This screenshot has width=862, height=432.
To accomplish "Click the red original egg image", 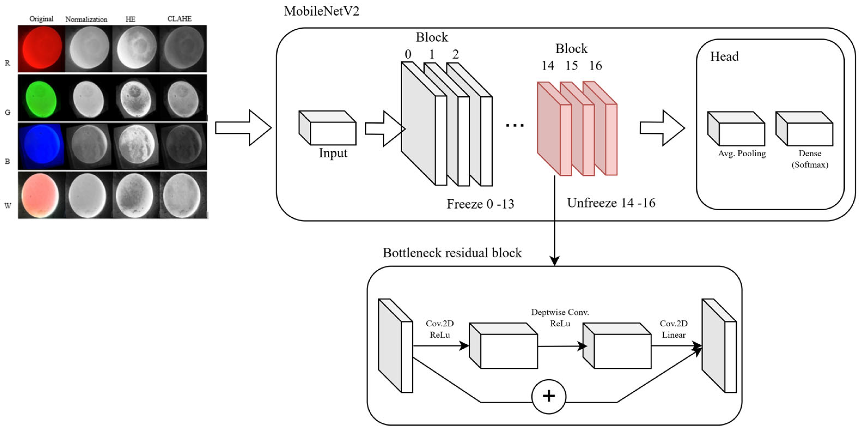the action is (x=41, y=49).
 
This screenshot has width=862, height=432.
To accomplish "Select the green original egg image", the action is (x=41, y=98).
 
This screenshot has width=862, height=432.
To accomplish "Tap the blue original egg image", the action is (x=41, y=146).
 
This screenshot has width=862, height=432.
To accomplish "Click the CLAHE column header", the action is (x=179, y=19).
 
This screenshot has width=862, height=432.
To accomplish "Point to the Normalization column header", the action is (x=86, y=19).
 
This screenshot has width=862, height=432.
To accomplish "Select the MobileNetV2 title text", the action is (x=322, y=11).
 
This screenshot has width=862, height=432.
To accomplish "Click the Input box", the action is (x=327, y=128).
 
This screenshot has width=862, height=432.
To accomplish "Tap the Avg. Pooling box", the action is (x=736, y=129).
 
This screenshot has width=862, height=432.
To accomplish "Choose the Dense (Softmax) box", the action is (x=804, y=129).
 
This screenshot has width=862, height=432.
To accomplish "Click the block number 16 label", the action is (x=596, y=66).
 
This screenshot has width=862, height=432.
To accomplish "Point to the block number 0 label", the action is (x=408, y=54).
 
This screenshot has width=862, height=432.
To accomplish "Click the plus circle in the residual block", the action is (x=549, y=396).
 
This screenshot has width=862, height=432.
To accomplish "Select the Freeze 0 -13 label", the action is (x=480, y=204).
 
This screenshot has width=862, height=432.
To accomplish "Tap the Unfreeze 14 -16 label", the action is (x=611, y=203).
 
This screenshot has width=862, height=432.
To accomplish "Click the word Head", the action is (x=725, y=56).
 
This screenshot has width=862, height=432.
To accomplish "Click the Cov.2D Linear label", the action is (x=674, y=329).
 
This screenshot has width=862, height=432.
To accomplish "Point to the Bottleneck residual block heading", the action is (x=452, y=253).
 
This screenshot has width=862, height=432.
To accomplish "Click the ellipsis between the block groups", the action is (x=515, y=126).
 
